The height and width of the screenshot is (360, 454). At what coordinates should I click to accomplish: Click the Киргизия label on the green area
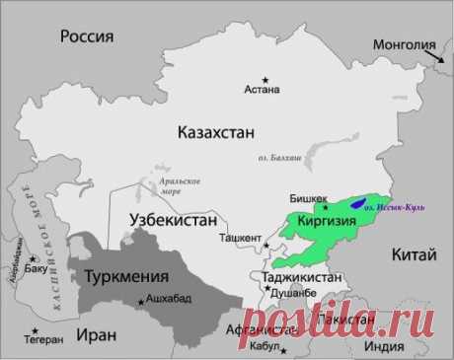(x=320, y=223)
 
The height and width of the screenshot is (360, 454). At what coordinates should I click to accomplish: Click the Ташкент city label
(x=238, y=239)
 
